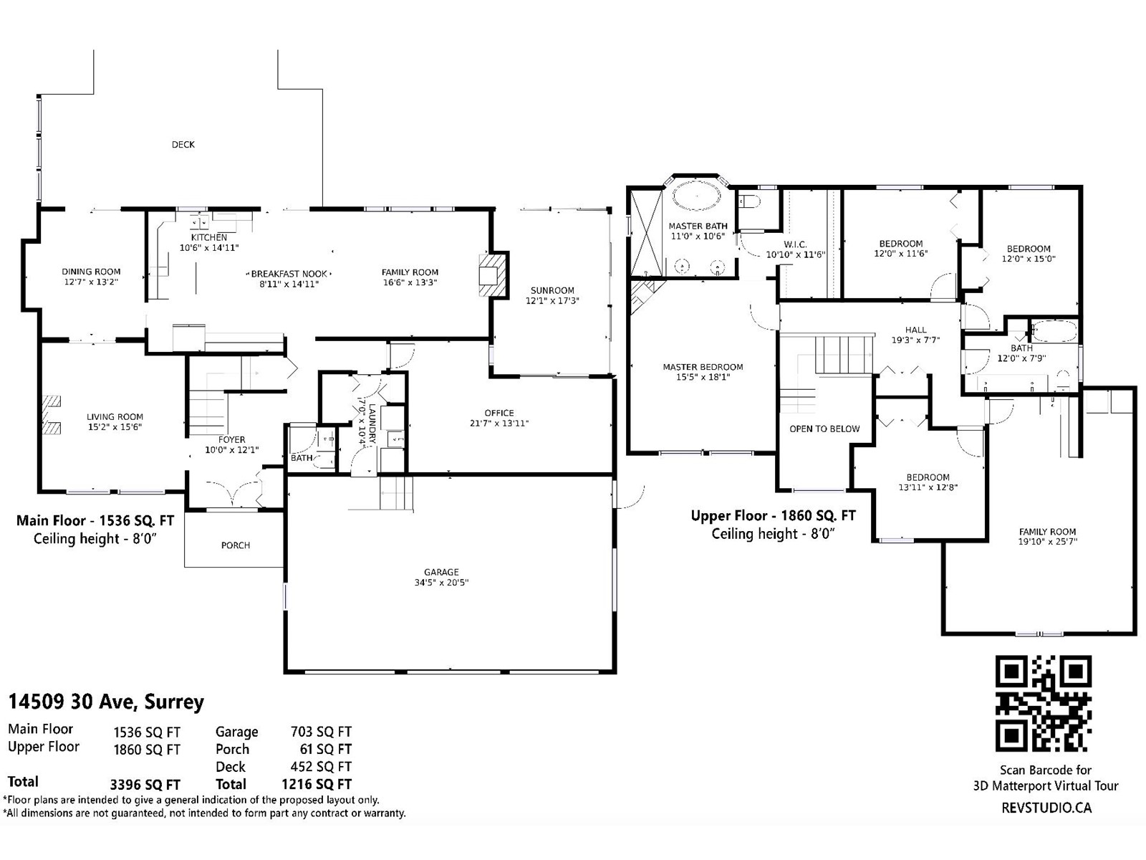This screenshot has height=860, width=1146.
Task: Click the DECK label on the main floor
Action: point(183,145)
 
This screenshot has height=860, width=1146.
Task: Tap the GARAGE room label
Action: point(441,573)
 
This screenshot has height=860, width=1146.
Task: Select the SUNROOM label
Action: point(552,290)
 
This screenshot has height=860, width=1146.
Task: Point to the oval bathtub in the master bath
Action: point(696,196)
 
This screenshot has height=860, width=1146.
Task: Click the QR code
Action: point(1043,703)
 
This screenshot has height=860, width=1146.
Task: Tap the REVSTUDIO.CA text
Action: point(1046,808)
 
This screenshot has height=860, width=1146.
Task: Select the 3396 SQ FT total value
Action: point(145,785)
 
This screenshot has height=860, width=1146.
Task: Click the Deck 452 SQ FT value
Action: point(321,767)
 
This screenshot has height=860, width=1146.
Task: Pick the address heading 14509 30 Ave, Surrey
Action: point(106,702)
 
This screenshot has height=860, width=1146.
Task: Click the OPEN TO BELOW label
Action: point(824,429)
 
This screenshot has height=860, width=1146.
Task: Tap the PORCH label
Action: point(236,545)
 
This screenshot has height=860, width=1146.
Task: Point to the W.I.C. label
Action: point(795,244)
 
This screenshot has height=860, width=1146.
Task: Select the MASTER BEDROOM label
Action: point(703,367)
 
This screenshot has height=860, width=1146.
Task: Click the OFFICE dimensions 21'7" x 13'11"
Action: point(499,424)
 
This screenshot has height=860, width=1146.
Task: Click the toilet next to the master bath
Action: point(750,201)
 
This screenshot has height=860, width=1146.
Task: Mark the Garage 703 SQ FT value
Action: point(321,732)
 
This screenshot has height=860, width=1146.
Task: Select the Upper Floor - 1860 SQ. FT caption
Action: point(774,516)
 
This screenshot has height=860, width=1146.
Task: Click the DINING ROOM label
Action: point(92,272)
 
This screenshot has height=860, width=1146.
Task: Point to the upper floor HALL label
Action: point(916,330)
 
